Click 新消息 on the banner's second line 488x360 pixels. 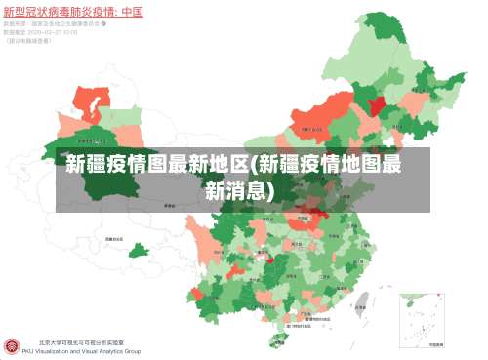(x=240, y=190)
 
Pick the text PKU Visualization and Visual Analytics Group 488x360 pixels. (x=88, y=351)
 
